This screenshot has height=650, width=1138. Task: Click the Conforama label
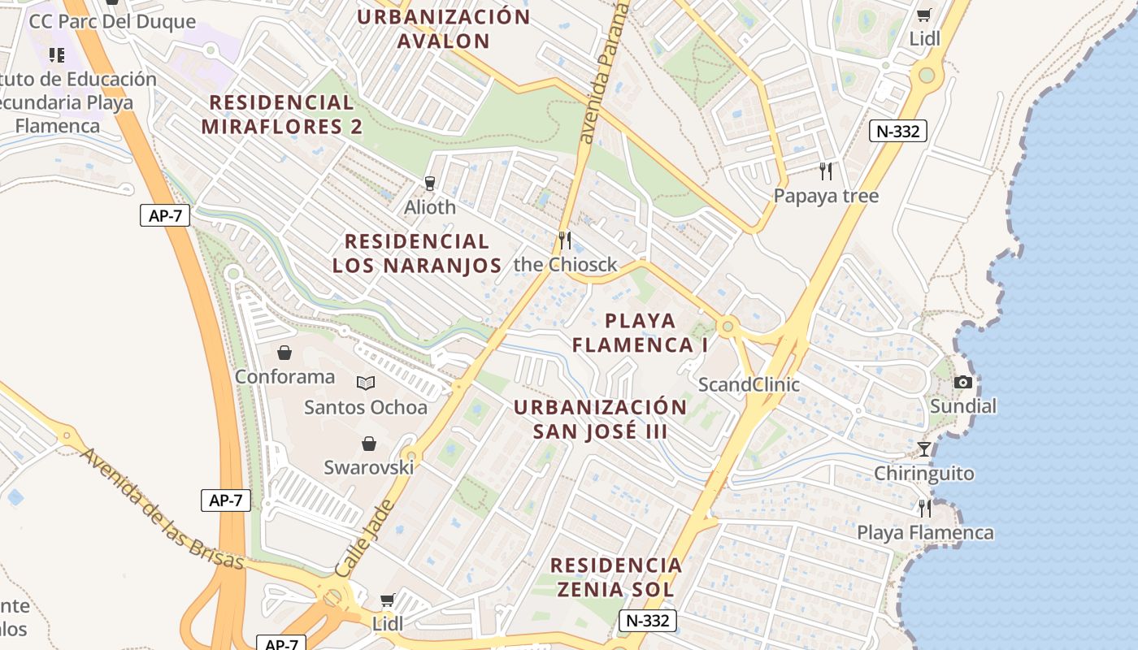pyautogui.click(x=284, y=377)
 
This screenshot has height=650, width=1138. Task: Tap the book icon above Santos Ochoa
pyautogui.click(x=366, y=383)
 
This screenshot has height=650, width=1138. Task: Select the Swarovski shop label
pyautogui.click(x=369, y=467)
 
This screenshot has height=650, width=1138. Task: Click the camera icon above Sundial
pyautogui.click(x=963, y=382)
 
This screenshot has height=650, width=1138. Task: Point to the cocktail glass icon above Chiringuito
pyautogui.click(x=924, y=448)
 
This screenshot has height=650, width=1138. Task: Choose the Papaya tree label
pyautogui.click(x=826, y=196)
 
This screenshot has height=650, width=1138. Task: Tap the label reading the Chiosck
pyautogui.click(x=566, y=265)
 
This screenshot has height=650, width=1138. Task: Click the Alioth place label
pyautogui.click(x=430, y=207)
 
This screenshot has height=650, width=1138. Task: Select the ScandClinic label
pyautogui.click(x=749, y=384)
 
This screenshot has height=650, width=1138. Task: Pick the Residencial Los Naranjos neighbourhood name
pyautogui.click(x=417, y=253)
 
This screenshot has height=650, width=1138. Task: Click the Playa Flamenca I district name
pyautogui.click(x=640, y=332)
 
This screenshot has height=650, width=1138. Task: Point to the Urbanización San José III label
pyautogui.click(x=601, y=418)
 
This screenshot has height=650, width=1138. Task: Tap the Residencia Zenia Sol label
pyautogui.click(x=615, y=577)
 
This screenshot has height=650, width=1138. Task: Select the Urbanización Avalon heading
pyautogui.click(x=444, y=28)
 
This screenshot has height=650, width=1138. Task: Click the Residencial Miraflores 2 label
pyautogui.click(x=281, y=115)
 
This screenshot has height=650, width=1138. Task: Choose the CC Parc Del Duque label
pyautogui.click(x=112, y=21)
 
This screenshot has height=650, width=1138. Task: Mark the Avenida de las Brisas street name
pyautogui.click(x=163, y=509)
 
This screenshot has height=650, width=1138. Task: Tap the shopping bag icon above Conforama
pyautogui.click(x=284, y=353)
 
